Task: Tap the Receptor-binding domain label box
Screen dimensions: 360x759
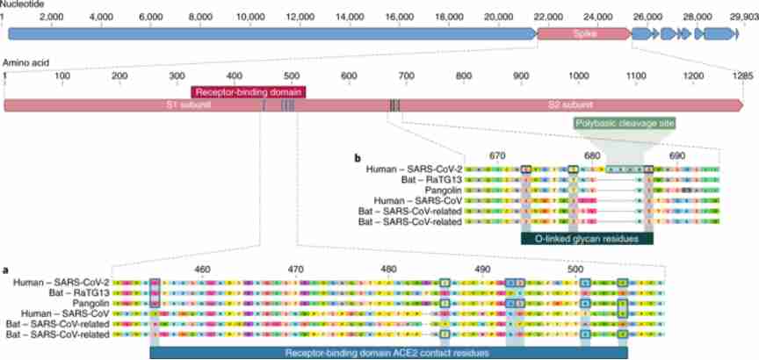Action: pos(249,91)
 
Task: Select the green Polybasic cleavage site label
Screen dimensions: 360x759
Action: pos(625,124)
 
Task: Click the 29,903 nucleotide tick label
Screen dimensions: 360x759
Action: pos(740,16)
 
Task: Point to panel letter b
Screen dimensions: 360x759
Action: pos(357,158)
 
